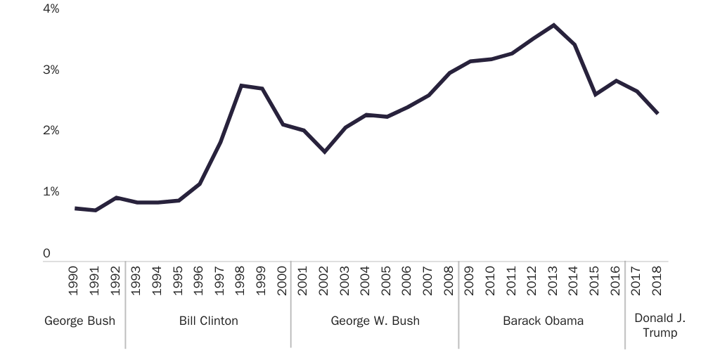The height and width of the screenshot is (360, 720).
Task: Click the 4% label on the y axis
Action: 51,9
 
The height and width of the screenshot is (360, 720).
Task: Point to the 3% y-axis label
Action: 51,70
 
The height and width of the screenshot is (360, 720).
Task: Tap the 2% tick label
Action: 51,131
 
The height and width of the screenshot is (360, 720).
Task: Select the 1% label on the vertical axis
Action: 51,192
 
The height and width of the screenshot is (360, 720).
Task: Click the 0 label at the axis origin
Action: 47,253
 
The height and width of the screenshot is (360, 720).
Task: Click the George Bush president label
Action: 79,321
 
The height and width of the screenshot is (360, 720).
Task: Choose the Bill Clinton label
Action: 209,321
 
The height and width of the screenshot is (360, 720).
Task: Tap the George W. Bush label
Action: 375,321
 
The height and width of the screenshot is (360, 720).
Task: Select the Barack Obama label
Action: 543,321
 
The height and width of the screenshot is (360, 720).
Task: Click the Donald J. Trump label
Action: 660,326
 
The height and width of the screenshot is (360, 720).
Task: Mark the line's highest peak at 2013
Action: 554,25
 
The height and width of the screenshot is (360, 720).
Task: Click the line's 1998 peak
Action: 241,86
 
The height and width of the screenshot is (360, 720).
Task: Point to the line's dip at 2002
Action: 325,152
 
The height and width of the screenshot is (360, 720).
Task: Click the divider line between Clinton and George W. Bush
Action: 291,309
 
